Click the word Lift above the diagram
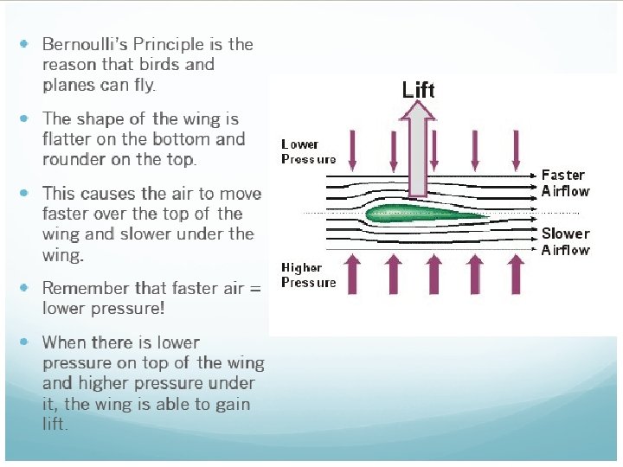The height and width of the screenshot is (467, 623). click(x=418, y=89)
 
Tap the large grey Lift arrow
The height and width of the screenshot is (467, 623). click(x=419, y=147)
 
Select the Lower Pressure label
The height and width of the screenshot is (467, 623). click(x=308, y=151)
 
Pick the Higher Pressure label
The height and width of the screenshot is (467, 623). click(x=308, y=275)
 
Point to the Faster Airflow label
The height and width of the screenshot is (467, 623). click(x=565, y=182)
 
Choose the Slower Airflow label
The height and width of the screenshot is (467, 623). click(x=565, y=241)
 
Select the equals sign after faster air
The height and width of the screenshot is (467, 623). click(x=254, y=288)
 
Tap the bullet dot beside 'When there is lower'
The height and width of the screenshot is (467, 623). click(x=24, y=342)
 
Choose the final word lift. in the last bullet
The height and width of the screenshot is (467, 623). click(x=55, y=424)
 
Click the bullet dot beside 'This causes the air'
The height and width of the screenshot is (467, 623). click(x=24, y=193)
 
